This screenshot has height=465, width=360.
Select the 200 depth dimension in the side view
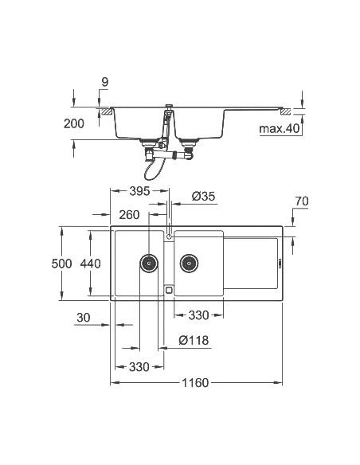coord(73,125)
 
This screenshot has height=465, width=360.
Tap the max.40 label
coord(279,127)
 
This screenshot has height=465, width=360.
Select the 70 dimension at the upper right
coord(300,201)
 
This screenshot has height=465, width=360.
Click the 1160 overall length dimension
coord(194,383)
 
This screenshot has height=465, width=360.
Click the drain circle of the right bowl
coord(189,262)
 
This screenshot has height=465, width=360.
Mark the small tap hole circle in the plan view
coord(169,236)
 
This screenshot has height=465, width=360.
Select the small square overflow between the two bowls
coord(169,290)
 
